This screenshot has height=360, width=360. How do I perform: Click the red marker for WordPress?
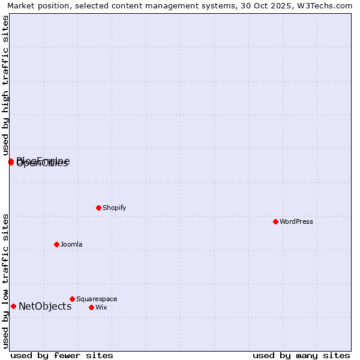tap(275, 221)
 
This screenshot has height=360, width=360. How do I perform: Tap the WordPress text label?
tap(296, 221)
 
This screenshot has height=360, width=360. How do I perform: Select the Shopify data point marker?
tap(98, 208)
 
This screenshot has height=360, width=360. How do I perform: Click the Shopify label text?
tap(115, 208)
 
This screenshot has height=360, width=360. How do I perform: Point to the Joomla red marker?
tap(56, 244)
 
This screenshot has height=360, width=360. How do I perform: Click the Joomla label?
tap(71, 244)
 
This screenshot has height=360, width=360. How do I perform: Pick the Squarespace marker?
tap(72, 299)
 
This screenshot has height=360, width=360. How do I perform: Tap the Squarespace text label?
tap(97, 299)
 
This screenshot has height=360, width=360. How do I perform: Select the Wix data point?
tap(91, 307)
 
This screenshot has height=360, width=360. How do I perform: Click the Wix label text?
tap(101, 307)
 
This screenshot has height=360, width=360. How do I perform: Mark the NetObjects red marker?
tap(13, 306)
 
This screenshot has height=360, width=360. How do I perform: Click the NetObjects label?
tap(45, 306)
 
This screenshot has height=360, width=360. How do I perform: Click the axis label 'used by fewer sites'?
tap(62, 355)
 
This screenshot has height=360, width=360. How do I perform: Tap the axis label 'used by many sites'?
tap(301, 355)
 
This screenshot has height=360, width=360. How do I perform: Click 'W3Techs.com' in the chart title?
tap(327, 6)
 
